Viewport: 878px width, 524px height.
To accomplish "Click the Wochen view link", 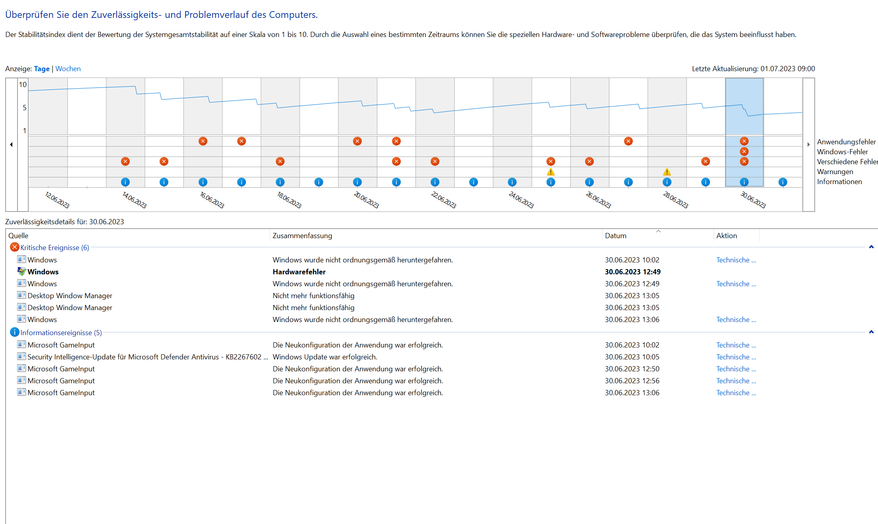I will click(x=68, y=69).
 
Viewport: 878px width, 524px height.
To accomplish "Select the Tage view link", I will click(x=41, y=69).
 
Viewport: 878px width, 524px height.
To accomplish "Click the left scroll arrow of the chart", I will click(x=11, y=145).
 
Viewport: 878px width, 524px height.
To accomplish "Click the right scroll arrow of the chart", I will click(x=808, y=145).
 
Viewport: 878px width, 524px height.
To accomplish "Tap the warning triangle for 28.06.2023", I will click(x=667, y=172).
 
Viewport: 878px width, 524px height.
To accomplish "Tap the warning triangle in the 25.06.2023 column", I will click(x=550, y=172).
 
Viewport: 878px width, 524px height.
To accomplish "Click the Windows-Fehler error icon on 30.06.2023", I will click(x=744, y=151).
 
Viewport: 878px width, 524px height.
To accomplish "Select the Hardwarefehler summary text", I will click(x=299, y=272).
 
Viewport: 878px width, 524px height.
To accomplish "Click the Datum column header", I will click(x=615, y=236).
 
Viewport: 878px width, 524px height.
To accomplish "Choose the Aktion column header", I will click(x=726, y=236).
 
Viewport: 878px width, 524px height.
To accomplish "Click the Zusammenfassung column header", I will click(x=302, y=236).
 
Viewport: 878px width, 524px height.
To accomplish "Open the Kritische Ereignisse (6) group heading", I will click(x=55, y=248).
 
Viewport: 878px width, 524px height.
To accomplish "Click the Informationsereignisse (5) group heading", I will click(x=61, y=333).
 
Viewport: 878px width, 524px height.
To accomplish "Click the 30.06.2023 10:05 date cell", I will click(x=632, y=357).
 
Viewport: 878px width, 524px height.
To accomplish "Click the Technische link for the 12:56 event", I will click(x=736, y=381).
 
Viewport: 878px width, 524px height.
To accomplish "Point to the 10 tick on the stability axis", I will click(x=23, y=85).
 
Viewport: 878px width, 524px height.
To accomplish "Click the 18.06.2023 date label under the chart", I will click(x=289, y=200).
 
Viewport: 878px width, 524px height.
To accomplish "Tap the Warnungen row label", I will click(x=835, y=172).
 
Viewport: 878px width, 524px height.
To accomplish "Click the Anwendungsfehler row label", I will click(x=846, y=142).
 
